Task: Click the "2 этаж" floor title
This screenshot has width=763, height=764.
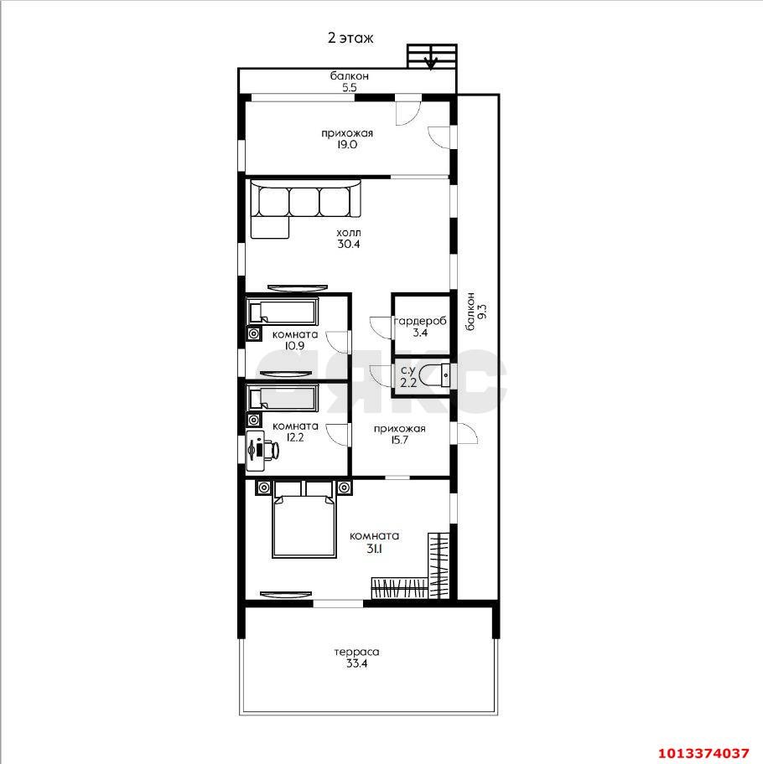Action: pyautogui.click(x=350, y=38)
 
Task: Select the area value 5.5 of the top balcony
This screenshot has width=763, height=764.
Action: pyautogui.click(x=349, y=88)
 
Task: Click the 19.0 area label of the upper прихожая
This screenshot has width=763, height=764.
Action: pyautogui.click(x=347, y=144)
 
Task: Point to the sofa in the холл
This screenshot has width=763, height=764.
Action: pyautogui.click(x=306, y=209)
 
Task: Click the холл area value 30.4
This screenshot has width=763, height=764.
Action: pyautogui.click(x=349, y=244)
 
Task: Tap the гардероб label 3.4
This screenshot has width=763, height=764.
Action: pyautogui.click(x=420, y=333)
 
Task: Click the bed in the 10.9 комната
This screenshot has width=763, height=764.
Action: pyautogui.click(x=283, y=312)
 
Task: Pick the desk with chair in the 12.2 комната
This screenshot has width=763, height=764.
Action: pyautogui.click(x=262, y=450)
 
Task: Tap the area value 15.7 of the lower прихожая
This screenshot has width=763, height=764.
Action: pyautogui.click(x=399, y=440)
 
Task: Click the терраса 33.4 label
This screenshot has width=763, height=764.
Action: pyautogui.click(x=357, y=658)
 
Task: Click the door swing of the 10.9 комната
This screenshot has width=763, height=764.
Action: pyautogui.click(x=335, y=342)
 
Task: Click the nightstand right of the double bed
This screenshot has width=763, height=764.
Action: pyautogui.click(x=345, y=488)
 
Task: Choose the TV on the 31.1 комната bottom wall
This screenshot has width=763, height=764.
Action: pyautogui.click(x=286, y=594)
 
